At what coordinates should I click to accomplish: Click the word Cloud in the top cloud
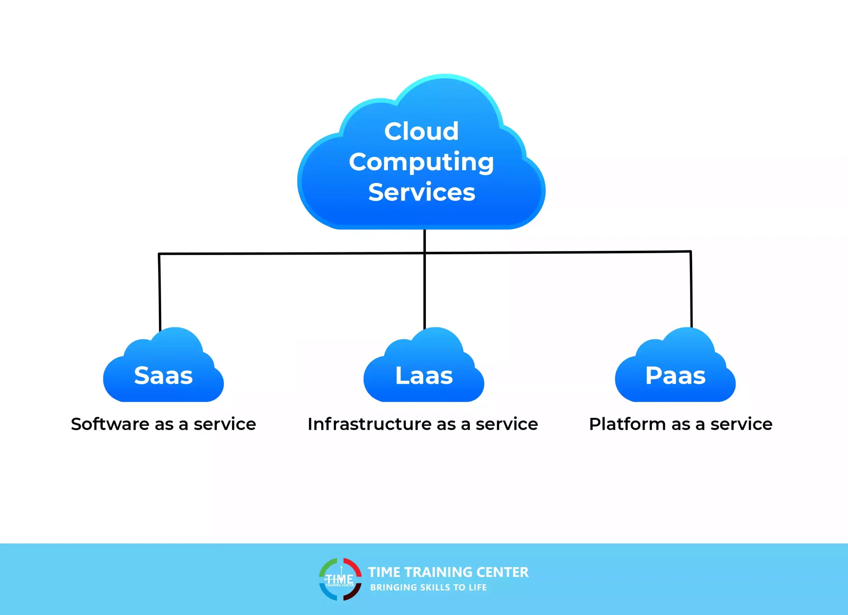click(x=421, y=131)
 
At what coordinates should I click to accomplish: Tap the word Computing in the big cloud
click(x=421, y=162)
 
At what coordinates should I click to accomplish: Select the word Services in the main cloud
click(x=421, y=192)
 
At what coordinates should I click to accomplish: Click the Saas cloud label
click(x=163, y=375)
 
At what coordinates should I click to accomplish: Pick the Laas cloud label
click(x=424, y=375)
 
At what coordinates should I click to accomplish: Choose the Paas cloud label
click(x=675, y=375)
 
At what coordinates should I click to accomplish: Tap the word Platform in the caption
click(x=627, y=424)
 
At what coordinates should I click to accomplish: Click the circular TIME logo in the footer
click(x=340, y=579)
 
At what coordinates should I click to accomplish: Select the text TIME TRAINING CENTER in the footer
click(x=448, y=572)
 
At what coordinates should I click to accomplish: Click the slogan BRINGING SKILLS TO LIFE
click(x=429, y=587)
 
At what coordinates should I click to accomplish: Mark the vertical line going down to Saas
click(x=160, y=292)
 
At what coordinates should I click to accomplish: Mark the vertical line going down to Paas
click(x=691, y=290)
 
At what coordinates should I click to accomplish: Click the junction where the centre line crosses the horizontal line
click(x=424, y=253)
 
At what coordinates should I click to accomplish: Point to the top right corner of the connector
click(x=690, y=252)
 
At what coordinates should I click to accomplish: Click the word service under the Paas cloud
click(x=741, y=424)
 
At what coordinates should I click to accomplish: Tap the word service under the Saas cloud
click(x=225, y=424)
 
